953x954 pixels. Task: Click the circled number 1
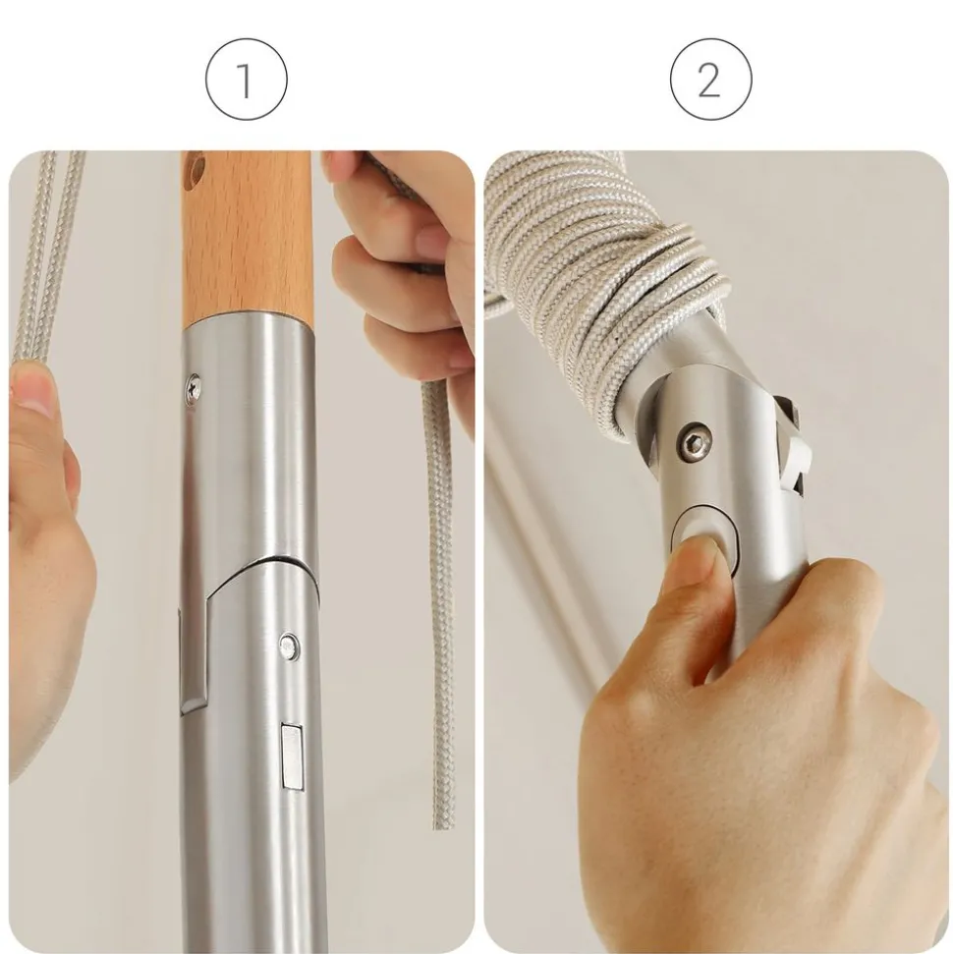pyautogui.click(x=246, y=80)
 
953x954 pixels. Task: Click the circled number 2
pyautogui.click(x=710, y=80)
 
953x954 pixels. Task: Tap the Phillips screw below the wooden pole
pyautogui.click(x=195, y=387)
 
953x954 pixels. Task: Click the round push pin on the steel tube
pyautogui.click(x=289, y=645)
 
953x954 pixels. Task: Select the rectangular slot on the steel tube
pyautogui.click(x=292, y=757)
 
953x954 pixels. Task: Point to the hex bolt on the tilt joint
pyautogui.click(x=694, y=442)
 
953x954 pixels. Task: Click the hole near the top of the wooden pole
pyautogui.click(x=196, y=171)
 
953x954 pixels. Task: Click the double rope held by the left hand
pyautogui.click(x=45, y=255)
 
